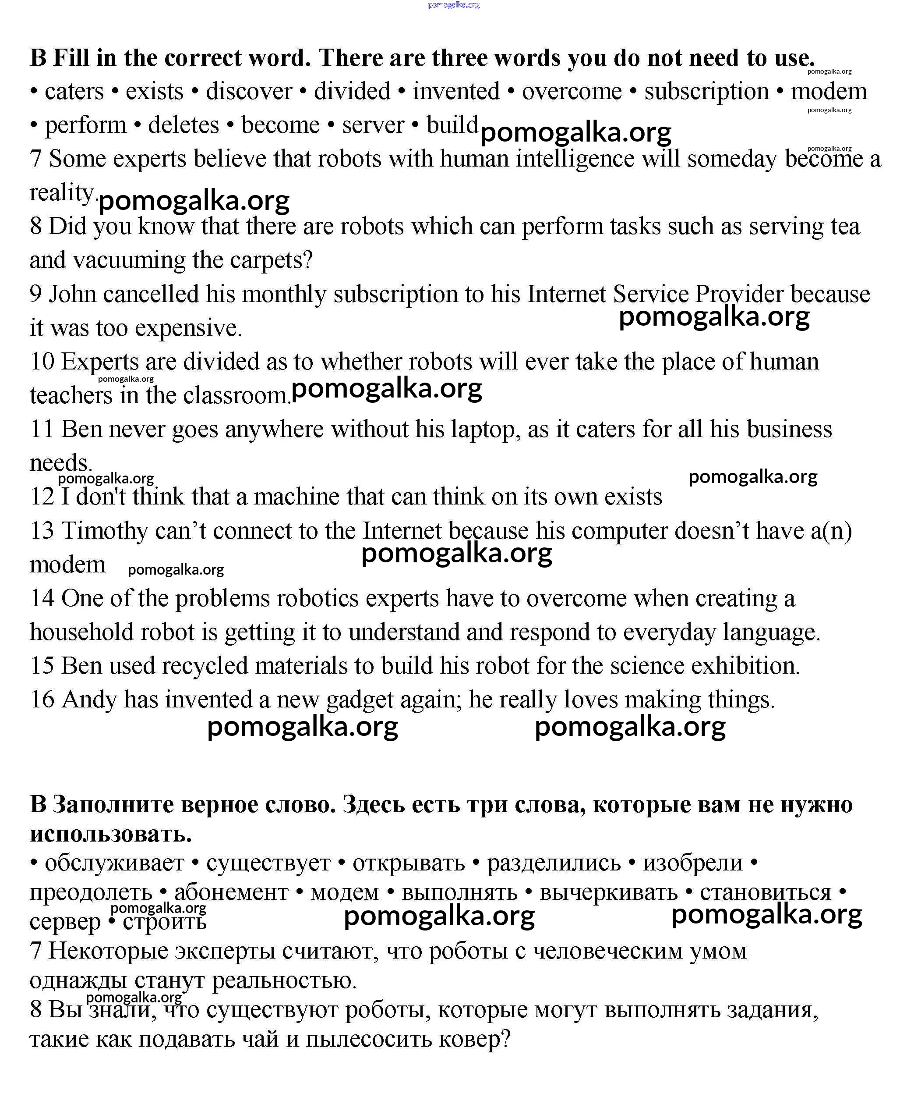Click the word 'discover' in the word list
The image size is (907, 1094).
249,92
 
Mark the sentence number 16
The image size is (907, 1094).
42,700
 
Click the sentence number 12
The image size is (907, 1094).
42,497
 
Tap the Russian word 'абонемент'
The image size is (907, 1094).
231,892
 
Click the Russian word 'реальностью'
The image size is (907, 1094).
284,980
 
